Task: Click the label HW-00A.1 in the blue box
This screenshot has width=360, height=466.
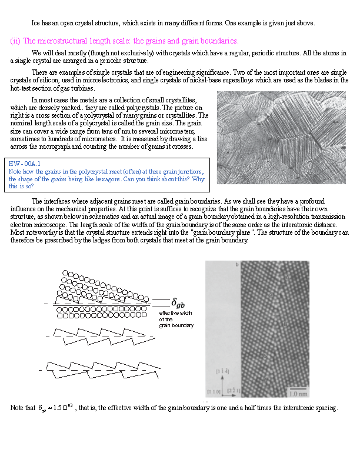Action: coord(24,163)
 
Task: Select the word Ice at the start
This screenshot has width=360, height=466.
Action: coord(36,23)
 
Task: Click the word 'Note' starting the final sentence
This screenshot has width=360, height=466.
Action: coord(18,408)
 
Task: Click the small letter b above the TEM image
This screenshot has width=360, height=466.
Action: coord(237,265)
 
